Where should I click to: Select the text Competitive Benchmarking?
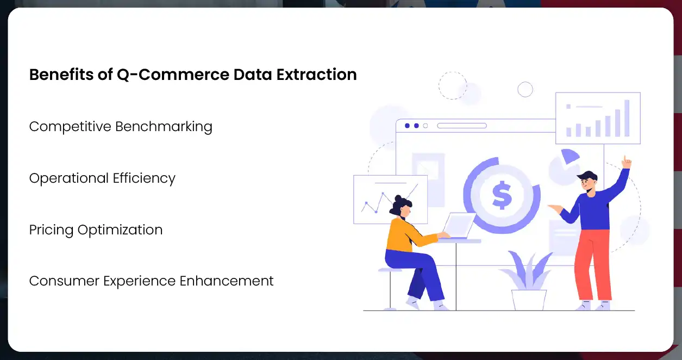(x=121, y=127)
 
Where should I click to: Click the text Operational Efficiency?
(x=102, y=178)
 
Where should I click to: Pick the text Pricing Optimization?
(x=96, y=230)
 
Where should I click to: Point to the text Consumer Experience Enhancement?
(x=151, y=281)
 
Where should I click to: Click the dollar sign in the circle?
(x=501, y=195)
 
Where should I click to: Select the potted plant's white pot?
(x=528, y=299)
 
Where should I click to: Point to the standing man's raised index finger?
(x=626, y=160)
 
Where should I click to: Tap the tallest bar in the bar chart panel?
(x=627, y=118)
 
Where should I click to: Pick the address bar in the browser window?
(x=461, y=126)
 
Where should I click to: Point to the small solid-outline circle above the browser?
(x=525, y=89)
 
